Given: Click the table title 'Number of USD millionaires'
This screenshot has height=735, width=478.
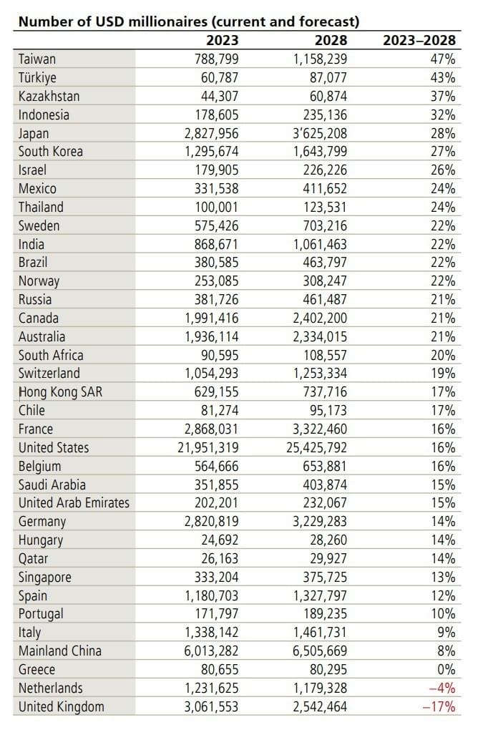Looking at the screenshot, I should point(187,21).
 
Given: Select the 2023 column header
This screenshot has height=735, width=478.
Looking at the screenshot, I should point(222,41).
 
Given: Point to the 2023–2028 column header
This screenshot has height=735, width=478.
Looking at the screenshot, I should point(419,41).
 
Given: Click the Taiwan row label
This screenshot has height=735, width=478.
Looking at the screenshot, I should point(37,59).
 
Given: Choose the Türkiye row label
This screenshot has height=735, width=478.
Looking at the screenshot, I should point(37,77).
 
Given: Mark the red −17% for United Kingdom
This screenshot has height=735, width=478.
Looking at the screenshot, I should point(442,706).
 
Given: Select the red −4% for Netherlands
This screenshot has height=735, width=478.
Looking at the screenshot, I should point(445,688).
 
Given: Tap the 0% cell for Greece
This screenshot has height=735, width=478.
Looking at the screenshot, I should point(447,669).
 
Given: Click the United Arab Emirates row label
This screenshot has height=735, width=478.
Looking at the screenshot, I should point(74,503).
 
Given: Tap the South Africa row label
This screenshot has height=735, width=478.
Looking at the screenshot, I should point(51,355).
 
